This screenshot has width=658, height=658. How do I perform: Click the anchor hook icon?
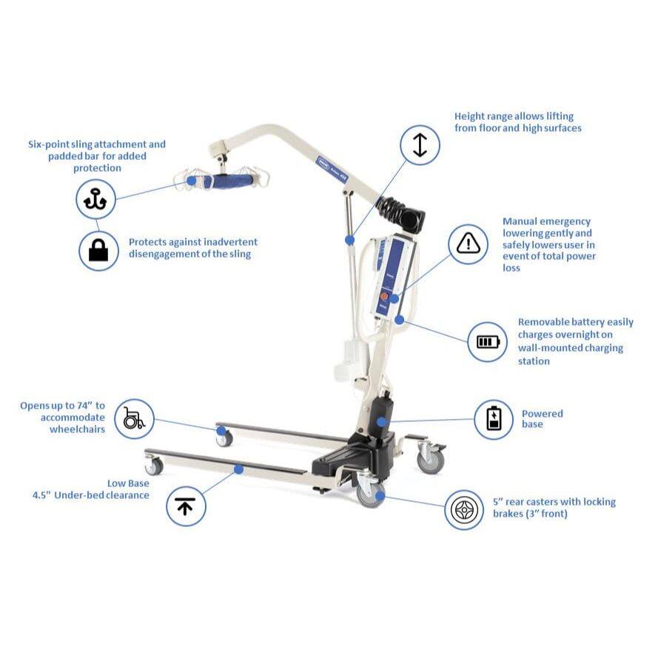(x=95, y=199)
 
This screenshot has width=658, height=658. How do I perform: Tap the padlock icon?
(x=98, y=251)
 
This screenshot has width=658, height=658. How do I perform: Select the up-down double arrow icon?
(x=420, y=144)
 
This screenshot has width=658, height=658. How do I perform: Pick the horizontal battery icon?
(x=488, y=341)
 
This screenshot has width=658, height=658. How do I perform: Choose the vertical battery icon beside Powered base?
(x=494, y=419)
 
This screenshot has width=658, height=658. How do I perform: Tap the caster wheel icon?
(x=464, y=510)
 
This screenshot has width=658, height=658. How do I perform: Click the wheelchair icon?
(x=134, y=418)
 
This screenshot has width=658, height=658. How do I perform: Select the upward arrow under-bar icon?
(x=185, y=506)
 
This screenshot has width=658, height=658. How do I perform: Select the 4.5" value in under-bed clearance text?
(x=45, y=495)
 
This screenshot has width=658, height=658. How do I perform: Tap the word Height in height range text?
(x=470, y=116)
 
